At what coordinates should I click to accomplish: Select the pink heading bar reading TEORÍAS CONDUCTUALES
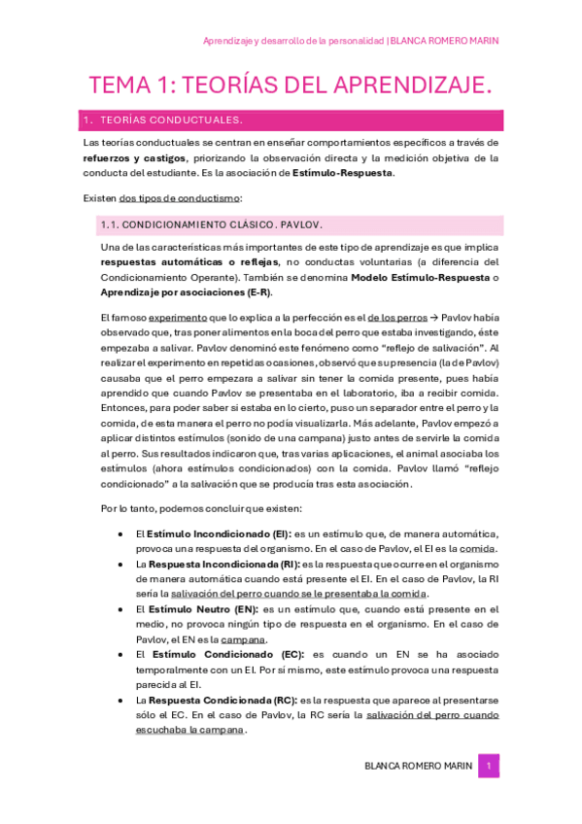tap(292, 120)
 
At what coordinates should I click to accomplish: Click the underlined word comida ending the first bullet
tap(479, 549)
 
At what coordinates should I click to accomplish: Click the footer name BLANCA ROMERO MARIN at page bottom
tap(418, 766)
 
